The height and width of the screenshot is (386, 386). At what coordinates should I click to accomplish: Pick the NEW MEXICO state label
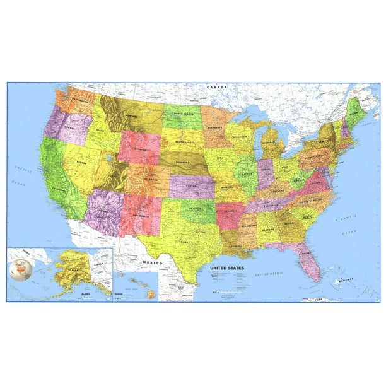coord(141,216)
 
